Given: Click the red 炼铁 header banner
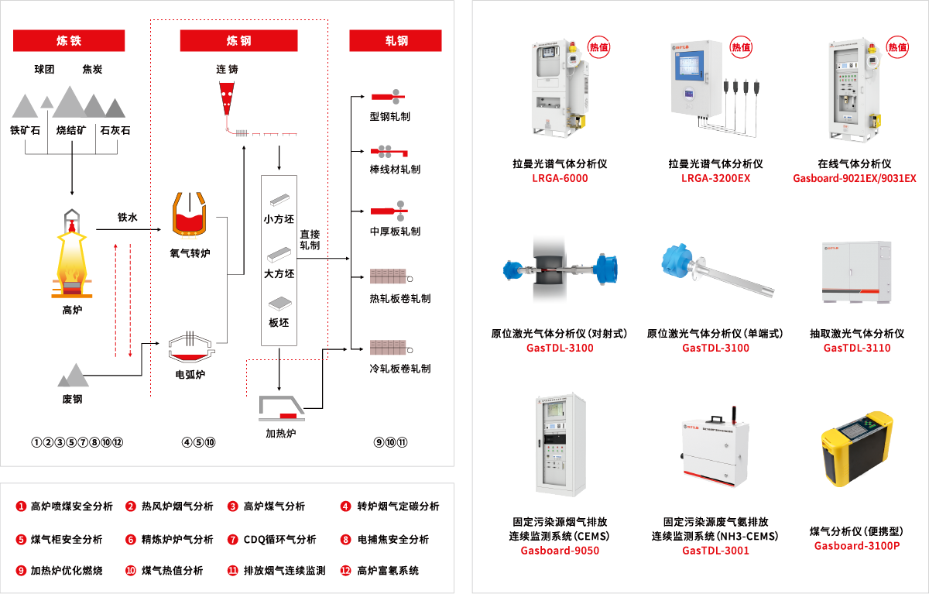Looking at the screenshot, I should [x=69, y=40].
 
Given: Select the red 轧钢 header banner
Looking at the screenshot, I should [x=396, y=40].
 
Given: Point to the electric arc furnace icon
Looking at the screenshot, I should [x=190, y=346].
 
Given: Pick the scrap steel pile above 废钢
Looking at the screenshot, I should [x=73, y=376].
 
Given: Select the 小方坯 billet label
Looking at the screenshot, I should [x=279, y=219].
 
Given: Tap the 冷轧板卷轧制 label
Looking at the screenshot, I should [x=400, y=369].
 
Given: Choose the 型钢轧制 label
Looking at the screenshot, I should [x=390, y=116].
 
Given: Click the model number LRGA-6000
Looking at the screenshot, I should [x=560, y=179].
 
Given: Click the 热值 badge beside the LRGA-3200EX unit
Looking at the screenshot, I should [x=741, y=46].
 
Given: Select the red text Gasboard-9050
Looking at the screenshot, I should [x=560, y=551].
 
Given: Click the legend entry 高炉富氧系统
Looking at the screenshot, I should [x=387, y=571].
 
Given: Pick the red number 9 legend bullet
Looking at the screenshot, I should [x=22, y=571].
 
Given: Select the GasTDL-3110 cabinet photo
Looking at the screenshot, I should [x=856, y=273].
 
